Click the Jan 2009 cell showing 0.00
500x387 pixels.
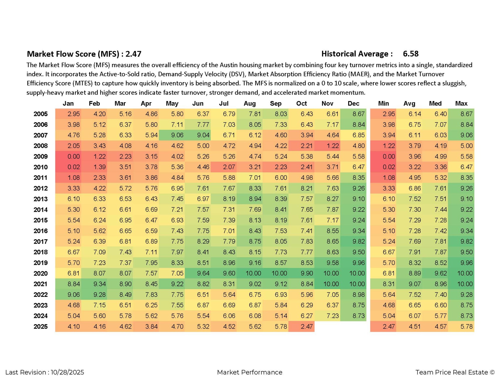73,157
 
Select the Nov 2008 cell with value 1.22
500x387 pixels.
332,146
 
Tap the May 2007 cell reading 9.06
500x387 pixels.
177,135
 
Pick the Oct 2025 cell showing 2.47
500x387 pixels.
306,327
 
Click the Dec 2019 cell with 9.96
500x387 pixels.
358,263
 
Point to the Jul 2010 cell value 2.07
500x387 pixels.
229,167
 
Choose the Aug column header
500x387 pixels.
250,104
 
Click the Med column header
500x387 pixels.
435,104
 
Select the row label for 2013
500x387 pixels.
41,199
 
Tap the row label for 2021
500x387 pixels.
41,284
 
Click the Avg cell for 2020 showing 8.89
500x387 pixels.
415,274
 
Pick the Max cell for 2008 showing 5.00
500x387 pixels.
466,146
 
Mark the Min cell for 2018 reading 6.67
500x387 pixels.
388,252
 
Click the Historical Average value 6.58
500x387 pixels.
411,54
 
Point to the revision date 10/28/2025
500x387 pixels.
67,372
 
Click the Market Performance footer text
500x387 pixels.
250,372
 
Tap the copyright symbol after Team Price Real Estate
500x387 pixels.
492,372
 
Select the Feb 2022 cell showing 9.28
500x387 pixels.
99,295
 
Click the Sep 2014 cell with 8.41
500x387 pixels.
281,210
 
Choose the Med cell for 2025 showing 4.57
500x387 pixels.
440,327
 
